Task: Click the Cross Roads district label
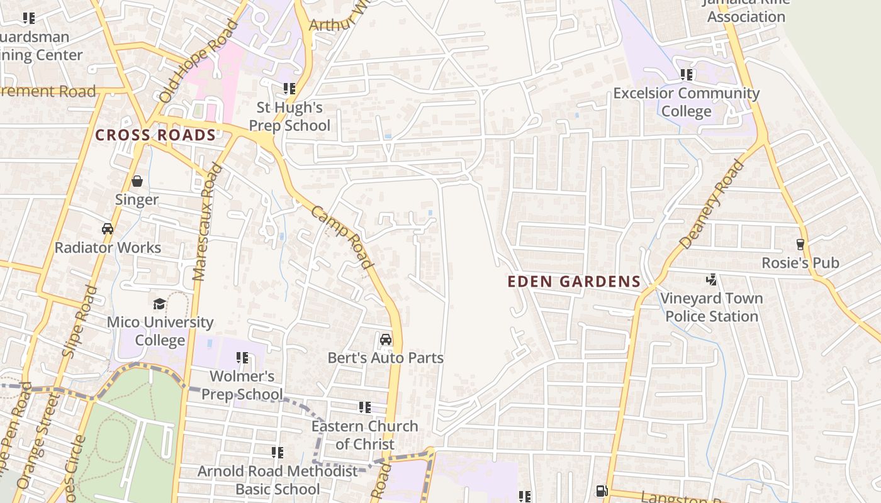click(x=155, y=135)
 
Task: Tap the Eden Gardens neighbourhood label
click(x=574, y=282)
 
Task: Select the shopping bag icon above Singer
click(x=137, y=182)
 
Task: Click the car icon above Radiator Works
click(x=108, y=229)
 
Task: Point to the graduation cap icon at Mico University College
click(x=160, y=304)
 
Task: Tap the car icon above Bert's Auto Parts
click(x=386, y=340)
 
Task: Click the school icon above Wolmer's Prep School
click(x=242, y=358)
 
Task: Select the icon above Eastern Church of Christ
click(x=364, y=407)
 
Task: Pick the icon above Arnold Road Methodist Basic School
click(x=277, y=452)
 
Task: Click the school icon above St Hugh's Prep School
click(x=289, y=89)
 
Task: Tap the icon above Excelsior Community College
click(x=687, y=75)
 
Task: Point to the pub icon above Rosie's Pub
click(x=800, y=244)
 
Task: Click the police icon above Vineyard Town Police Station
click(x=711, y=279)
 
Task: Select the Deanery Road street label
click(x=712, y=204)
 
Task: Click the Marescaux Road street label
click(x=208, y=221)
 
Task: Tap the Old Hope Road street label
click(x=198, y=61)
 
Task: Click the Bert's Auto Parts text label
click(x=386, y=358)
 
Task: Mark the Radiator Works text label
click(x=108, y=248)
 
